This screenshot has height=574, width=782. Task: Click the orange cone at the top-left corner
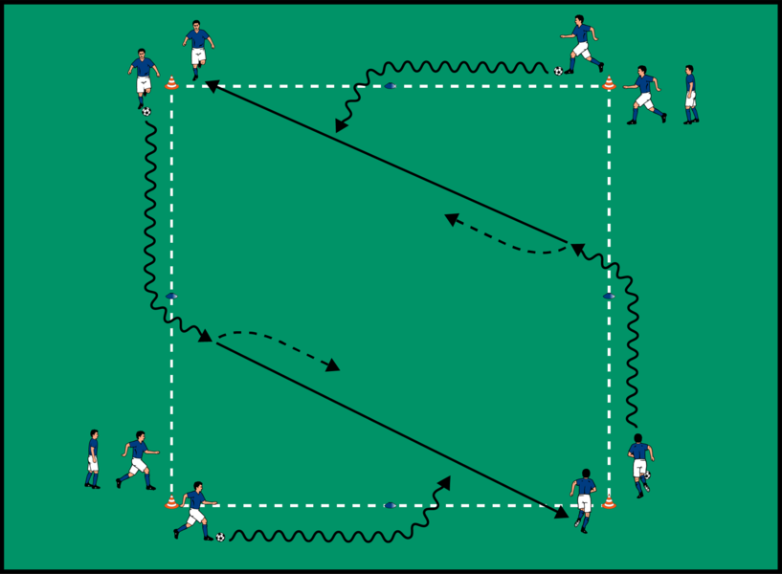171,83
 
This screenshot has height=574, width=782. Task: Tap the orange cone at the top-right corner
609,83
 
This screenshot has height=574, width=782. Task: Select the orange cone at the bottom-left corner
171,501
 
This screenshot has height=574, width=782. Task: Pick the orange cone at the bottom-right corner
609,501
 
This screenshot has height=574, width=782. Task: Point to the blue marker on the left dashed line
171,297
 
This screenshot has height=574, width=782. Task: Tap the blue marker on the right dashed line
608,297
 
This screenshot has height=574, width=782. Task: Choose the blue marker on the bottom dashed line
390,505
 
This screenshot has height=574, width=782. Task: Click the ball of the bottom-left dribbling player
220,537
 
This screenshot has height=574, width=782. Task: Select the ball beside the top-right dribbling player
558,71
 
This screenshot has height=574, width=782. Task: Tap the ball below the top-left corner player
146,111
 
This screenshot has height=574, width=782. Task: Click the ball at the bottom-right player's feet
648,475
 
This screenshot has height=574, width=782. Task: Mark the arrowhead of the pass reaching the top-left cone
209,86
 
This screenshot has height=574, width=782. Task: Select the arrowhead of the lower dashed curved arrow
334,366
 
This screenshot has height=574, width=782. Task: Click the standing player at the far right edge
690,95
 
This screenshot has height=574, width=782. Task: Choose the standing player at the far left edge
92,459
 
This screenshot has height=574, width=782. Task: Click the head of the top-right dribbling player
579,20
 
